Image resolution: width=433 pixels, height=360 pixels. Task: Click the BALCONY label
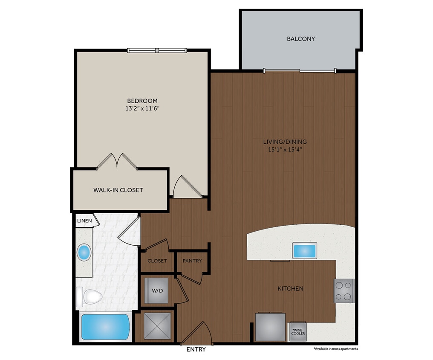(301, 39)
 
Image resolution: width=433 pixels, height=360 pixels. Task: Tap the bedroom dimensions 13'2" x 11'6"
(142, 108)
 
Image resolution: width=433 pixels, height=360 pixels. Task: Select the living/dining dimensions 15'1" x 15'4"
(285, 150)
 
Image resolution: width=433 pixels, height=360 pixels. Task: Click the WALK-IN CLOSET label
(118, 190)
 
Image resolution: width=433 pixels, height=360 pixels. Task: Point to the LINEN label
(84, 221)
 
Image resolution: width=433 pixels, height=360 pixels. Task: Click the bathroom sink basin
(84, 253)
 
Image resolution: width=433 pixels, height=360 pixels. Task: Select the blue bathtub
(105, 327)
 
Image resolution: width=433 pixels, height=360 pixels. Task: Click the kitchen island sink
(304, 250)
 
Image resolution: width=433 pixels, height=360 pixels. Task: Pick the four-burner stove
(344, 290)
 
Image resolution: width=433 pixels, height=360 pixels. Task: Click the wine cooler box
(297, 332)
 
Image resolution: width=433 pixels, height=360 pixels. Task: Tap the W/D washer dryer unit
(156, 290)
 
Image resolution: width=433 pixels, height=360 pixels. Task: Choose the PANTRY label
(192, 261)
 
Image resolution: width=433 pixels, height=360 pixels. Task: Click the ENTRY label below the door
(196, 349)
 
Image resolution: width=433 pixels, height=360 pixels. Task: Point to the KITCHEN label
(291, 289)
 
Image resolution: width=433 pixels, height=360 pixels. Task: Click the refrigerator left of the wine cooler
(270, 326)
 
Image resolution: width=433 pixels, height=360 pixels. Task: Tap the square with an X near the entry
(157, 326)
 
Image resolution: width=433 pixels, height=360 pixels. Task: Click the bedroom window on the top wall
(157, 50)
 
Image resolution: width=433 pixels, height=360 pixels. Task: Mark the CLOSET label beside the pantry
(157, 261)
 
